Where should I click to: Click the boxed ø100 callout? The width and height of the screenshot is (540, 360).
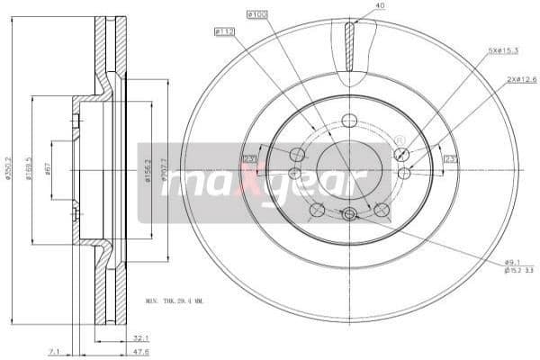click(x=257, y=15)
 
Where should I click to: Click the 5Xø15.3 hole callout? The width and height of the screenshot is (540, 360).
click(x=502, y=50)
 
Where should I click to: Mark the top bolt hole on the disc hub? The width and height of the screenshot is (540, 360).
click(x=350, y=120)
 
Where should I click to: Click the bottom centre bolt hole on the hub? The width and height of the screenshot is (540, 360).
click(x=349, y=213)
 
